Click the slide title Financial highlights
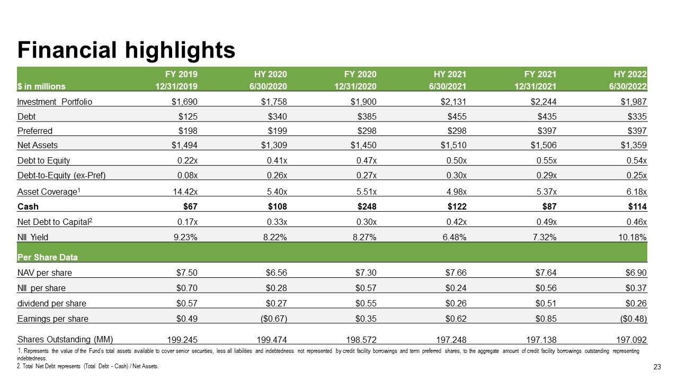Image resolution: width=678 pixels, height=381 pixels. [x=126, y=50]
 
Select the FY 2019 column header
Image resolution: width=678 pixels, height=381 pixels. [x=181, y=74]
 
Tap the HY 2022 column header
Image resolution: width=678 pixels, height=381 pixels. [x=630, y=74]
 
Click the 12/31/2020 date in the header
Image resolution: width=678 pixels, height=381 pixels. [x=355, y=86]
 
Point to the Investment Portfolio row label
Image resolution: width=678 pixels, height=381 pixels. [x=55, y=102]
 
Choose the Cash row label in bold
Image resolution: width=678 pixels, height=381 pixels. [x=28, y=206]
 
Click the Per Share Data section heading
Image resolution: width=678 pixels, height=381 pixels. [x=48, y=257]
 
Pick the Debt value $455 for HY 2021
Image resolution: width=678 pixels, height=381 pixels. [x=457, y=116]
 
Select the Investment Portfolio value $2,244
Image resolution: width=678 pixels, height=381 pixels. [x=543, y=102]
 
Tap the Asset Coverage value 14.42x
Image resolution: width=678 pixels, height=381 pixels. [x=185, y=192]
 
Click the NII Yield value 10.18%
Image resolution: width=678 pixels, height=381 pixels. [x=632, y=238]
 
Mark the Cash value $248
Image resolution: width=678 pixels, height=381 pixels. [x=367, y=206]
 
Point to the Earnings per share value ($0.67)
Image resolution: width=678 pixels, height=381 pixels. [x=274, y=319]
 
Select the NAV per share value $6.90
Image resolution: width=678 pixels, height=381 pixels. [x=636, y=273]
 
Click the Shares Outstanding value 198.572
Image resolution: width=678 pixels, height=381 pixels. [x=361, y=340]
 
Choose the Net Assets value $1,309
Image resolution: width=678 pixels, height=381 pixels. [x=274, y=145]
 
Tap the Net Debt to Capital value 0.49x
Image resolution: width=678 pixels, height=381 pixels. [x=546, y=222]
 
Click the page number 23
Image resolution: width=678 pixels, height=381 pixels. [x=657, y=367]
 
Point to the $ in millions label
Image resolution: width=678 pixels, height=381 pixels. [x=41, y=86]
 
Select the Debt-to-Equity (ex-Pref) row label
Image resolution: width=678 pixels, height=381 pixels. [x=61, y=175]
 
